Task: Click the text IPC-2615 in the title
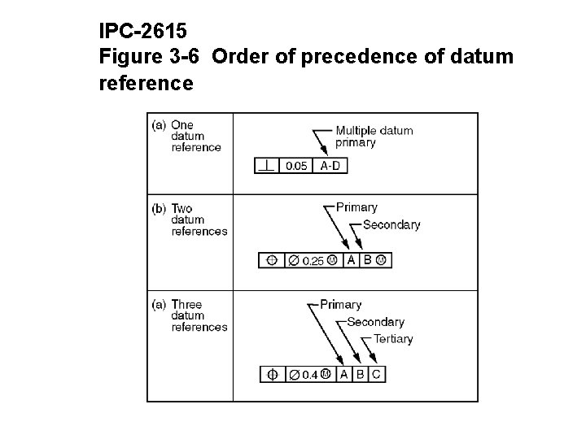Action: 143,32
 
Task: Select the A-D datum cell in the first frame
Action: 330,166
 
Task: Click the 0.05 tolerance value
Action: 295,166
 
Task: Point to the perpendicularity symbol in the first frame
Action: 266,165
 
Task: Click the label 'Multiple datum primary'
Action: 374,137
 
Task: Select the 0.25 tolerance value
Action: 313,261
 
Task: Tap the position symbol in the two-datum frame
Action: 271,261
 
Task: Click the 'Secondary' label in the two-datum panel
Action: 391,224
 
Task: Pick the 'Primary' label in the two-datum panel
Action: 356,207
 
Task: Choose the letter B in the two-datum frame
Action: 367,260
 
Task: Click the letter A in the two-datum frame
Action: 351,260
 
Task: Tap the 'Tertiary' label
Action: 393,339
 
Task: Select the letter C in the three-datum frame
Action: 375,374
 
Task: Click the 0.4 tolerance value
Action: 309,375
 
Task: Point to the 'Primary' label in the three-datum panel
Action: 340,305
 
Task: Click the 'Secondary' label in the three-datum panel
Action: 375,322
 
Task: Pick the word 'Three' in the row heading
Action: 186,305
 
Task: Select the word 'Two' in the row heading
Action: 181,209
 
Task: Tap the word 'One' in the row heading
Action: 182,125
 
